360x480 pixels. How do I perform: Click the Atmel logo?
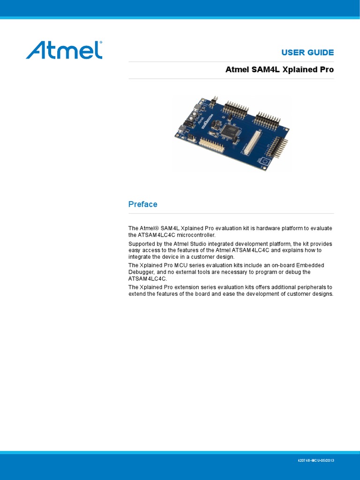click(64, 50)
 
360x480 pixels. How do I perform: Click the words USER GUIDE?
click(307, 52)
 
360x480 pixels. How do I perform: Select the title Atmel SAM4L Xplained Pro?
click(280, 70)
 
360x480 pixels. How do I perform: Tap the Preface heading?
click(142, 204)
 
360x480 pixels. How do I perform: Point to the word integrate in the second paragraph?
click(140, 257)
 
